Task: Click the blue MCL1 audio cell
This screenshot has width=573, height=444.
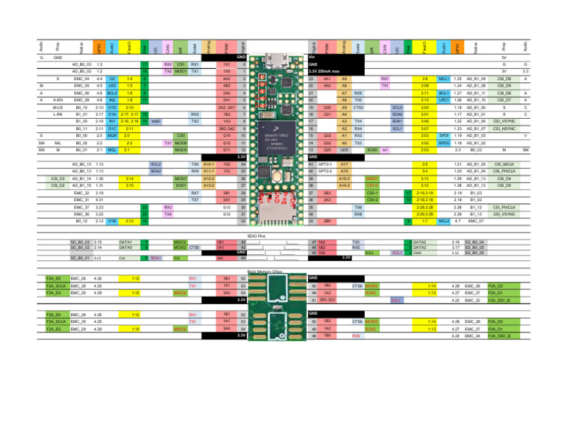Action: [x=443, y=78]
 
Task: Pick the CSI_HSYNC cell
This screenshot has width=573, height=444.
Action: [x=504, y=128]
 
